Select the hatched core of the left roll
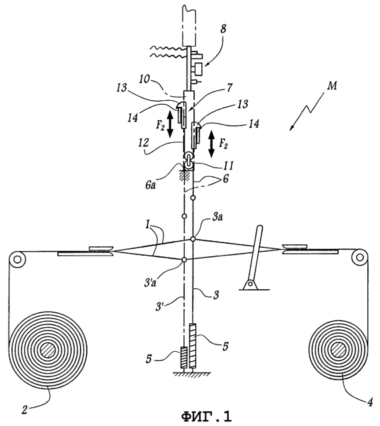48,351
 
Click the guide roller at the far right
359,257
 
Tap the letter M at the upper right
332,86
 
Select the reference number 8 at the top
223,29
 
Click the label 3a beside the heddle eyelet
217,218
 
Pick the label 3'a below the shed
150,283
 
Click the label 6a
150,186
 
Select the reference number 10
145,79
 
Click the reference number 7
229,88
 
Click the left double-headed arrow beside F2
170,124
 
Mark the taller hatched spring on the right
193,346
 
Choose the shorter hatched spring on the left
184,357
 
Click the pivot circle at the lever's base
251,284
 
